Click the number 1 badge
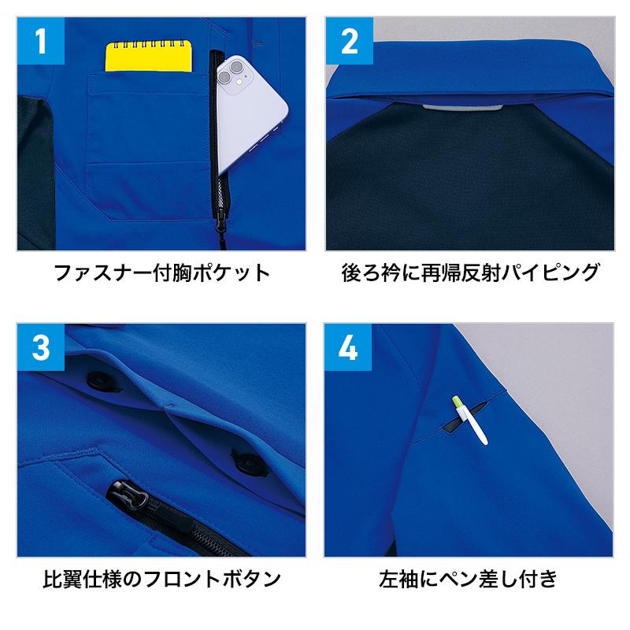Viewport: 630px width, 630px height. tap(41, 41)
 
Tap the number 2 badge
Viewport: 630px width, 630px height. tap(349, 41)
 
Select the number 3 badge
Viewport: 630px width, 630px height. tap(41, 347)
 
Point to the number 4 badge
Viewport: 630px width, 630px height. tap(348, 347)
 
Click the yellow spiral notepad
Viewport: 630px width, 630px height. tap(148, 55)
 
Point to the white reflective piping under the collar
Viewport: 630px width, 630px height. tap(462, 108)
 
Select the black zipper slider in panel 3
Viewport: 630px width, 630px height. tap(128, 494)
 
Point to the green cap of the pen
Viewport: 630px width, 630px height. tap(458, 402)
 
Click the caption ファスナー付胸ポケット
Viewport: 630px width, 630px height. tap(161, 272)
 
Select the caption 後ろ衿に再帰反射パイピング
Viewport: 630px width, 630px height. tap(470, 272)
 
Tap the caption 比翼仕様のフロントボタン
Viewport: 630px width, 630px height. tap(161, 579)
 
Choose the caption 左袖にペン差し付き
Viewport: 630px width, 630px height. tap(469, 579)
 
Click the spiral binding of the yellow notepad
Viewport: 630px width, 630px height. tap(148, 43)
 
